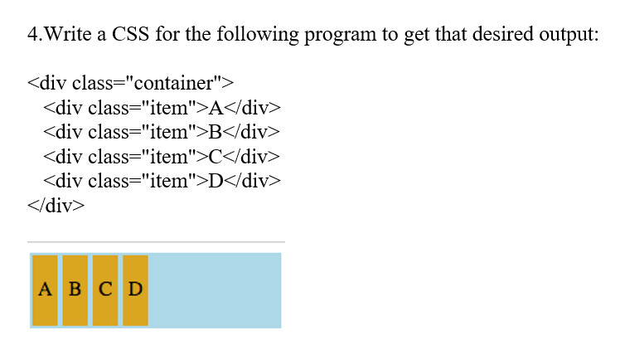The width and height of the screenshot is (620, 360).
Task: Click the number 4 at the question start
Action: coord(32,36)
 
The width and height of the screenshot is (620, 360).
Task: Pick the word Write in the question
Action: coord(72,36)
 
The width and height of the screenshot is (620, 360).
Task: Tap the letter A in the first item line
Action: coord(216,108)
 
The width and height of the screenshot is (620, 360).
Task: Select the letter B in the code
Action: coord(216,132)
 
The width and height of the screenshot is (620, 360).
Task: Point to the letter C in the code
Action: coord(216,157)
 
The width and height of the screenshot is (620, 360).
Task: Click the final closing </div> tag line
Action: coord(56,206)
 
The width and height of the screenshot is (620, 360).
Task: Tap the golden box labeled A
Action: coord(45,289)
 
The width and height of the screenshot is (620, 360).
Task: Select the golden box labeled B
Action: coord(75,289)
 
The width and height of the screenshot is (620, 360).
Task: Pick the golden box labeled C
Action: coord(105,289)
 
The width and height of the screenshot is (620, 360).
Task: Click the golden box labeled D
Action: coord(135,289)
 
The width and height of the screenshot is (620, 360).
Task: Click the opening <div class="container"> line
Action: coord(131,83)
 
